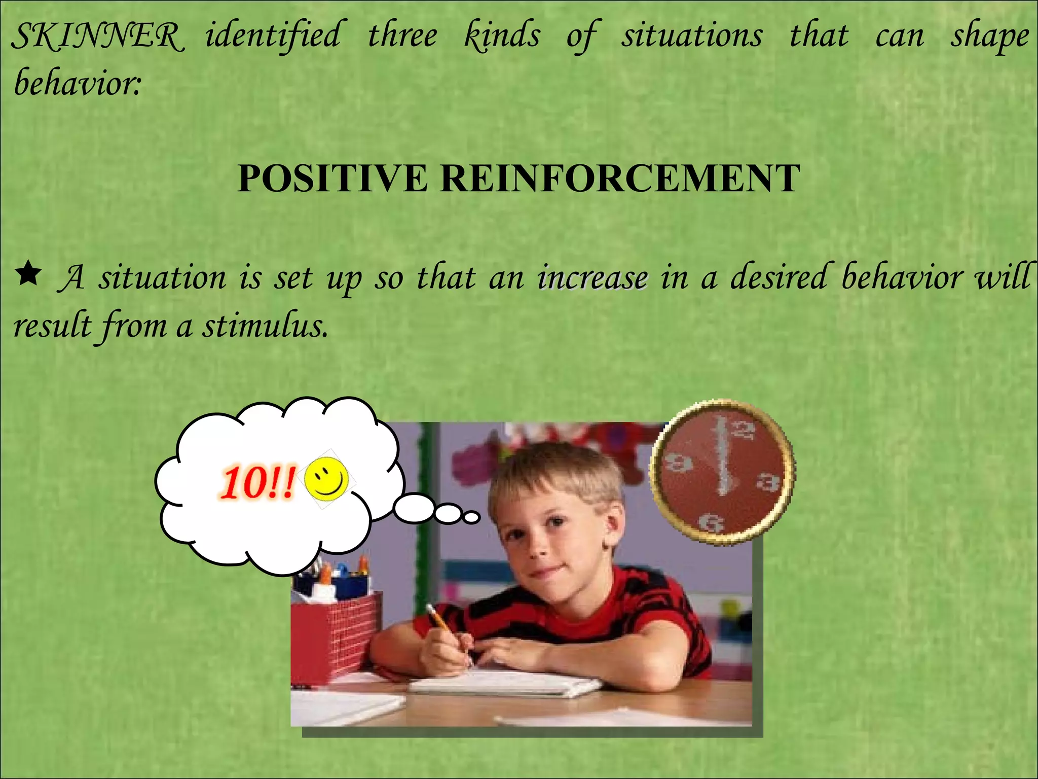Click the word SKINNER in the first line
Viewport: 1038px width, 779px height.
pos(96,37)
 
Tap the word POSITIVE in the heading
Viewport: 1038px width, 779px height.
pos(332,179)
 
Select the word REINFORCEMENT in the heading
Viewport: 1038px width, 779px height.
pos(619,179)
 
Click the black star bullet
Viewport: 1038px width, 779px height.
pos(29,274)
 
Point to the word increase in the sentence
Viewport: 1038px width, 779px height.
pos(592,278)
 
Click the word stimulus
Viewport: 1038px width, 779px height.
pos(265,326)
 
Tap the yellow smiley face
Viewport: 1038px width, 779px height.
pos(327,478)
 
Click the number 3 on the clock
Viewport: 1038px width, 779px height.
pos(768,481)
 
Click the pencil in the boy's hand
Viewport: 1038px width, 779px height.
pos(446,629)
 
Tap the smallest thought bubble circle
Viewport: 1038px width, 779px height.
pos(471,517)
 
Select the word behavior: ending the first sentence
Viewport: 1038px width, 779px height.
pos(77,83)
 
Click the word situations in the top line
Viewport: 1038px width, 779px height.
pos(692,37)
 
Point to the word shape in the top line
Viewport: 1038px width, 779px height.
pos(989,37)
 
